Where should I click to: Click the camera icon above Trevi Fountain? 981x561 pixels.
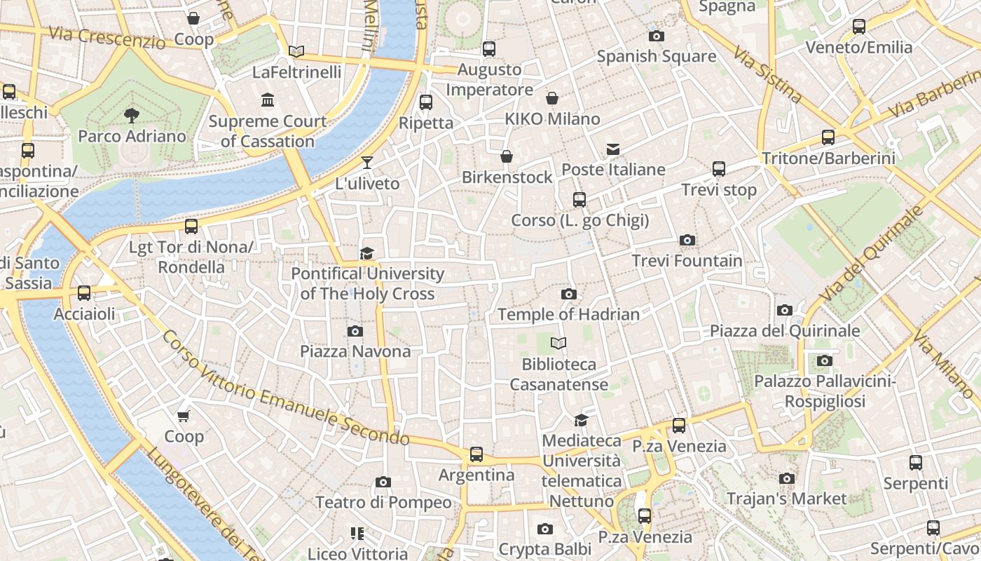[687, 241]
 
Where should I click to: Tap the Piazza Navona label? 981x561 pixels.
[355, 351]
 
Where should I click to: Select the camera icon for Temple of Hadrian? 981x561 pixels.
[568, 295]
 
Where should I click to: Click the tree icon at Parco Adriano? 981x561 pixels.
[131, 115]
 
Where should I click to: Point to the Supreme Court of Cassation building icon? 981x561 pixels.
[267, 100]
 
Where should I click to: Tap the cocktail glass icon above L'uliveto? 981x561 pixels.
[366, 163]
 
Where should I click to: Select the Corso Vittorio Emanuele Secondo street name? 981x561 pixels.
[285, 388]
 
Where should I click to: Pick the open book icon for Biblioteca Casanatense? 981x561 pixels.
[558, 344]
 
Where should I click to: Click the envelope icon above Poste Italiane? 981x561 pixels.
[613, 149]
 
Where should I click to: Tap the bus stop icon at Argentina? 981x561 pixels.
[476, 454]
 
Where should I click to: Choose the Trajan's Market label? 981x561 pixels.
[786, 499]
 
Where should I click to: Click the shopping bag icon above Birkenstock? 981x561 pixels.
[507, 156]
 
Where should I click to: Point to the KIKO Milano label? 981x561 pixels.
[552, 119]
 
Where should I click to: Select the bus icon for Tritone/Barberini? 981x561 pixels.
[828, 137]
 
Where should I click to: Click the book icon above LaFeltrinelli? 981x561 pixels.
[296, 51]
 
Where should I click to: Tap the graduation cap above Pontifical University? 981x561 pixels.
[366, 253]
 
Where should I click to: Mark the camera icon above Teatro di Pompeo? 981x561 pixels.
[383, 482]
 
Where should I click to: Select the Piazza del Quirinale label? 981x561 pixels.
[785, 330]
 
